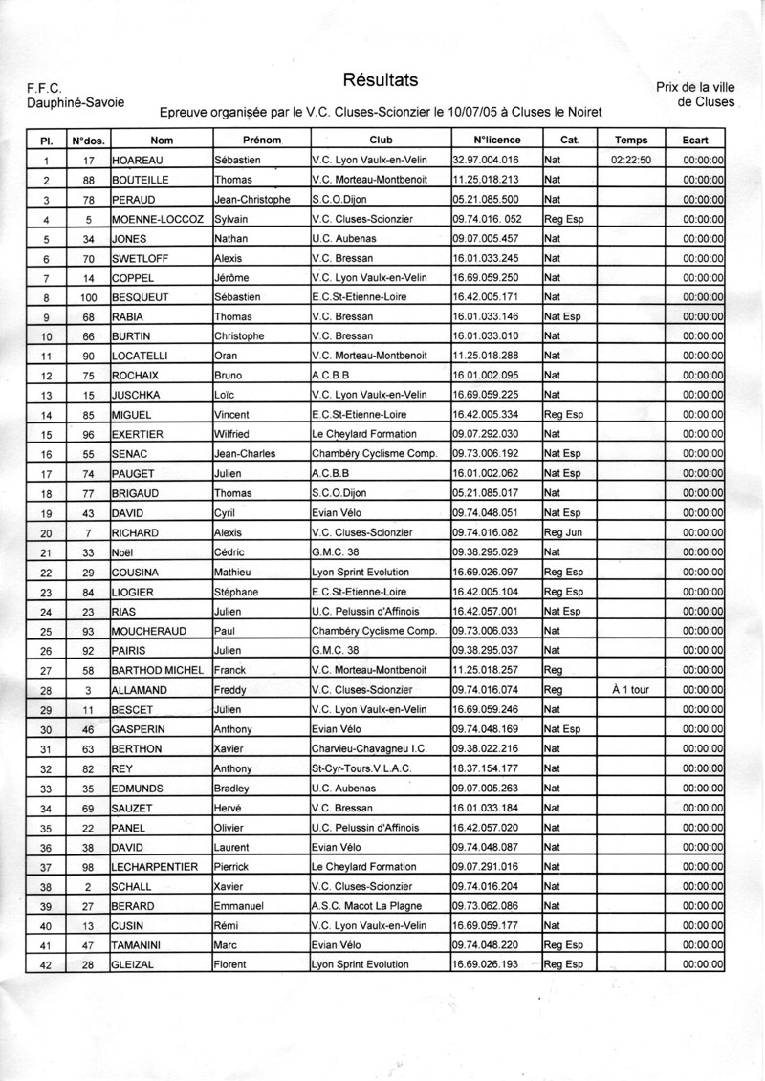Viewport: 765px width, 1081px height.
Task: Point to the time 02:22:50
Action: tap(630, 160)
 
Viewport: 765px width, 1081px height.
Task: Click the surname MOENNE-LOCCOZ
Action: tap(159, 219)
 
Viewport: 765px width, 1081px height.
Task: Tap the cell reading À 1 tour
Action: tap(630, 689)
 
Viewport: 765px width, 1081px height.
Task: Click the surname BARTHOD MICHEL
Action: tap(160, 670)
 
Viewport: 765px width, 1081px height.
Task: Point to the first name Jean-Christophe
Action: tap(252, 199)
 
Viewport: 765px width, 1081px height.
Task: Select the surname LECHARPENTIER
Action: tap(155, 866)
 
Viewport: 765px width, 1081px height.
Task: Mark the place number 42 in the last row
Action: tap(45, 964)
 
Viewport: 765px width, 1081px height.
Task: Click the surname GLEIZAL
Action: tap(137, 964)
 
